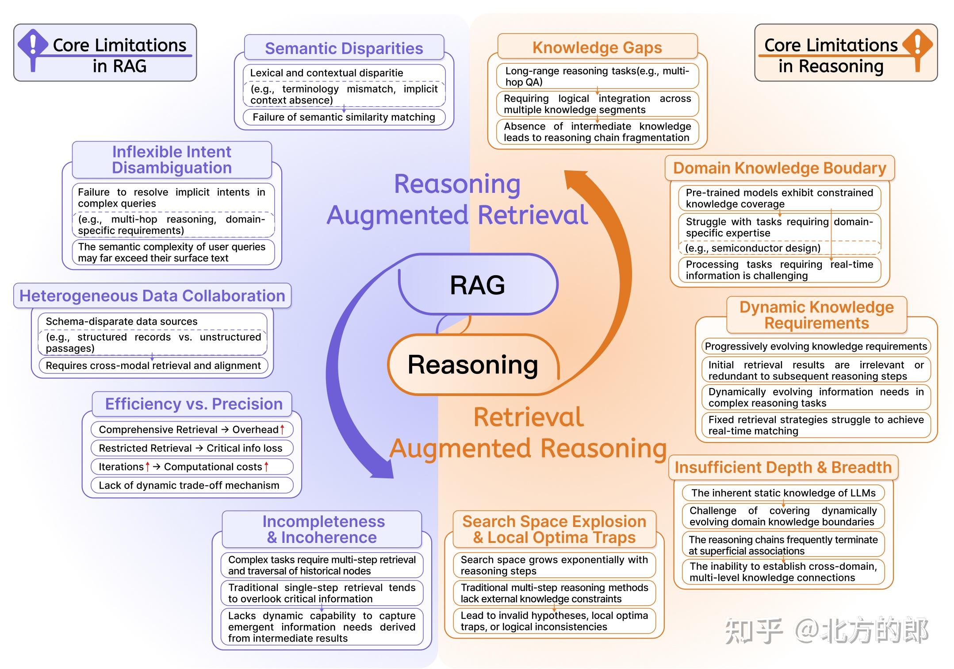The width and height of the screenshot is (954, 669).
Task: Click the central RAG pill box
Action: click(478, 285)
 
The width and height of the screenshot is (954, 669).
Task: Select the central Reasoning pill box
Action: click(473, 365)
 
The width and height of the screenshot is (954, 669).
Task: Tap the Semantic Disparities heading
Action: click(344, 48)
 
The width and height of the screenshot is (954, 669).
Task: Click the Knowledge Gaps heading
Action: click(597, 47)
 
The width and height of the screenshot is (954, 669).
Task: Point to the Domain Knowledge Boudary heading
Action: click(779, 168)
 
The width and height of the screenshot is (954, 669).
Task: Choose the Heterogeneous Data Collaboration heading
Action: click(152, 296)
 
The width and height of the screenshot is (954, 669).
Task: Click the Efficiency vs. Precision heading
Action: click(193, 404)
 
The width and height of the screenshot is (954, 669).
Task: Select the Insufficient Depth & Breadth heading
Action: click(783, 467)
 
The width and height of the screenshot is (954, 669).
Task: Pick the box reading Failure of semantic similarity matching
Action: click(344, 117)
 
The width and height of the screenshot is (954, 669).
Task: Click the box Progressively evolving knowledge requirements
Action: click(816, 346)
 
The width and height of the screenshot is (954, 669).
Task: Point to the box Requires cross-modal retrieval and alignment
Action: click(153, 365)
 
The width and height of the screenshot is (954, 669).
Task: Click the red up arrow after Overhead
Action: click(282, 429)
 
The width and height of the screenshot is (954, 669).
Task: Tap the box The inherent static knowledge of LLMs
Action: click(783, 493)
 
